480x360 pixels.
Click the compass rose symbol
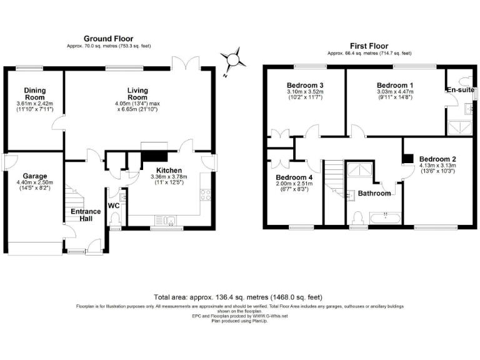click(234, 60)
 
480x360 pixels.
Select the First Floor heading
click(369, 46)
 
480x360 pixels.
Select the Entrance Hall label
click(86, 216)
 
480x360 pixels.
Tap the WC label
click(113, 205)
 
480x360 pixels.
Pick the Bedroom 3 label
click(305, 85)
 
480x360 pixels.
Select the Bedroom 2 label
click(437, 159)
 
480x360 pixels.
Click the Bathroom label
click(374, 193)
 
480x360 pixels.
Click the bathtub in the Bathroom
click(383, 218)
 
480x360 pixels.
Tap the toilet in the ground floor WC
click(114, 220)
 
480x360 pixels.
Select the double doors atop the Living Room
click(187, 64)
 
